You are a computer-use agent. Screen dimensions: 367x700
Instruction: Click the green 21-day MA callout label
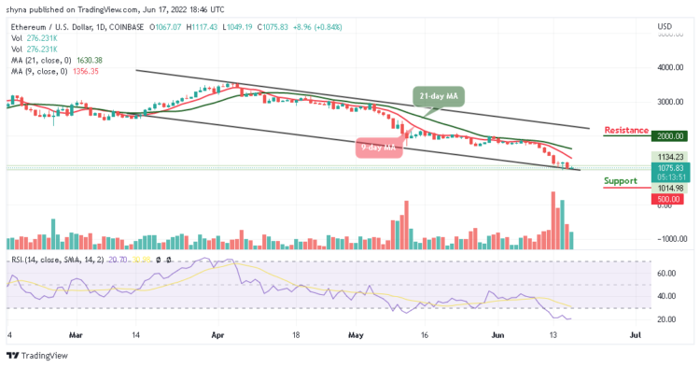pos(438,95)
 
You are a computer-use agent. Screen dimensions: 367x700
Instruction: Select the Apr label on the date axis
pos(218,332)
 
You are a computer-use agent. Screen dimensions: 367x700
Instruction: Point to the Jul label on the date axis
pos(636,332)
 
